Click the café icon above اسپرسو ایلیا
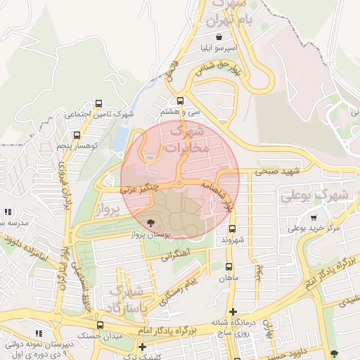point(220,37)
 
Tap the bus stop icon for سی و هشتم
point(181,101)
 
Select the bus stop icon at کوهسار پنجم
point(77,134)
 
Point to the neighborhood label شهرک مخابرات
point(187,139)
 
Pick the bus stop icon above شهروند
point(232,229)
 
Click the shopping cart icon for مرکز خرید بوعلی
point(313,218)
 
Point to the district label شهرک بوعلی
point(314,195)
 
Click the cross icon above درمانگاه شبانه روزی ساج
point(233,311)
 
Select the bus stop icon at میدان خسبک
point(100,325)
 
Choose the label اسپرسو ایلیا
point(220,49)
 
